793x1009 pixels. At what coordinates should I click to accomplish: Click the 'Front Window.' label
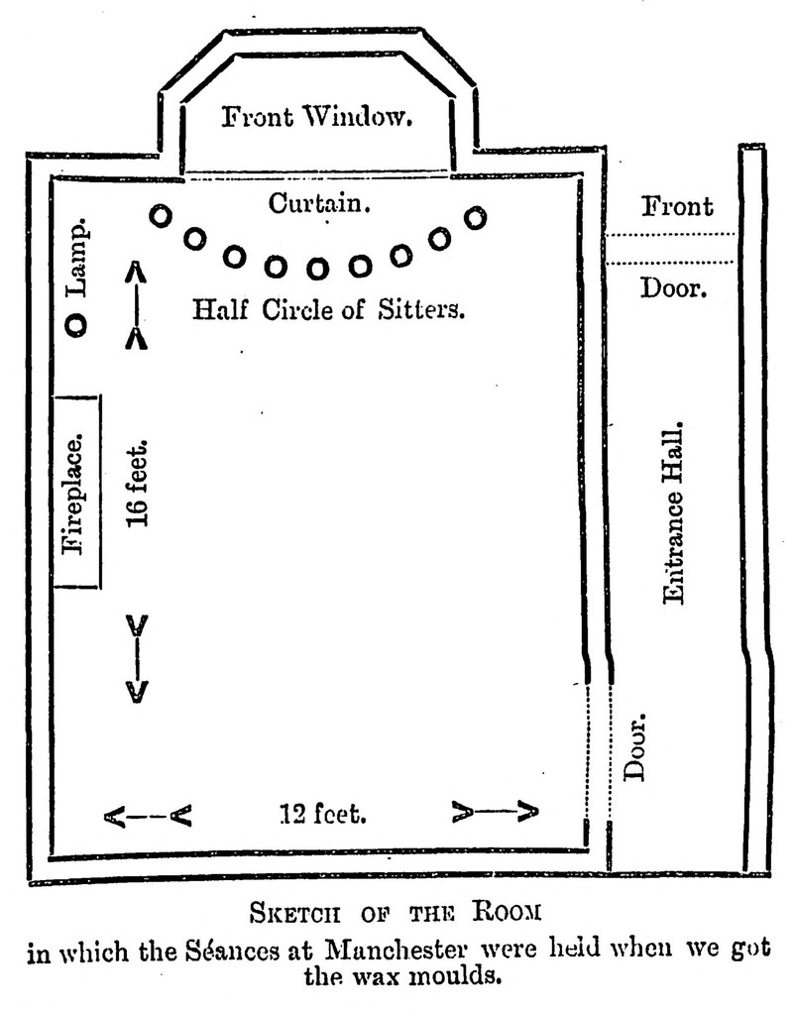(314, 119)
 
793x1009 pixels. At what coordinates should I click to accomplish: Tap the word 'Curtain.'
(320, 204)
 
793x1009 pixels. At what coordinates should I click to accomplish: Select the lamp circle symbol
(76, 324)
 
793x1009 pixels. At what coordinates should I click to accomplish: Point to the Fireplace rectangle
(76, 492)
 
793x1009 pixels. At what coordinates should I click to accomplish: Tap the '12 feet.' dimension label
(323, 815)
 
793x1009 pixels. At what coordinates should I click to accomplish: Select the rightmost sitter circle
(476, 217)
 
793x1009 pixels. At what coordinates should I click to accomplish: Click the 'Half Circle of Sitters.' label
(328, 309)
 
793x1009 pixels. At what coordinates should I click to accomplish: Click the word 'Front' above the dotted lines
(676, 206)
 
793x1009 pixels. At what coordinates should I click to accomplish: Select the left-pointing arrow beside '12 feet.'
(147, 817)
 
